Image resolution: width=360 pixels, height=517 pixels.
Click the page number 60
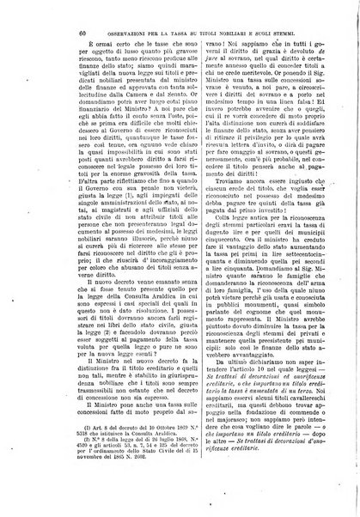pos(56,33)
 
